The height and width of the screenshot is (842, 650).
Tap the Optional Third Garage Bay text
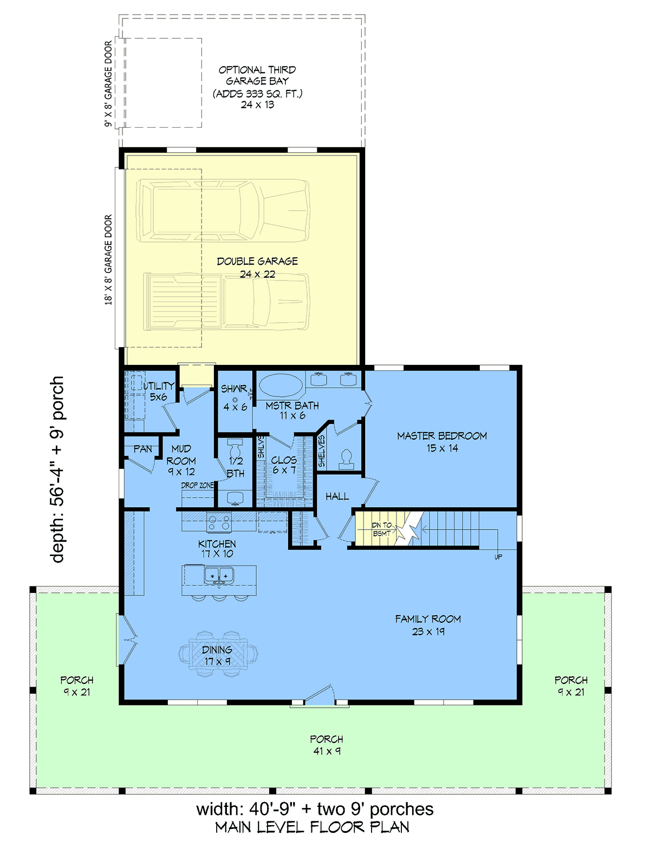click(x=257, y=76)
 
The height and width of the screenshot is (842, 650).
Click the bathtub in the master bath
click(x=281, y=386)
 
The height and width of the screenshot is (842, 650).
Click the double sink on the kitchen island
click(x=219, y=576)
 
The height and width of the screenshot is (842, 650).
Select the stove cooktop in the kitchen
click(x=219, y=523)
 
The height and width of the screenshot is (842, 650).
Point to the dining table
click(x=218, y=654)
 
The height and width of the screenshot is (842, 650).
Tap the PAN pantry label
click(x=142, y=449)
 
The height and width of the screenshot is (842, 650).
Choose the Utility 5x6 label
click(x=159, y=391)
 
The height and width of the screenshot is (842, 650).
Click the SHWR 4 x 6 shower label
click(x=234, y=397)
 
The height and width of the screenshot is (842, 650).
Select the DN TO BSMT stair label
click(x=382, y=530)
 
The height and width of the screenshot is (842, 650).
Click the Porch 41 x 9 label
click(x=327, y=745)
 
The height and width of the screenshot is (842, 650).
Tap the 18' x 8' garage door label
click(x=108, y=259)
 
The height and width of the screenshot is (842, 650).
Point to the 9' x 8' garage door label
click(x=108, y=84)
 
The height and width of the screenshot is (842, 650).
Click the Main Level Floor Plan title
click(x=313, y=827)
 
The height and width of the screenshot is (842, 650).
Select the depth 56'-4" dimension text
click(x=57, y=469)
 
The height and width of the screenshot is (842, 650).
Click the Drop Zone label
click(x=197, y=485)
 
